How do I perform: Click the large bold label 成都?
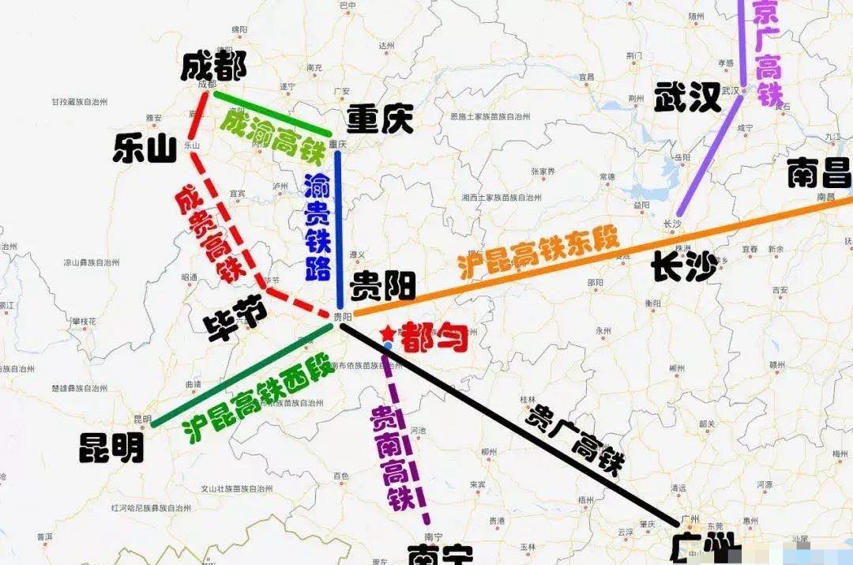click(x=213, y=66)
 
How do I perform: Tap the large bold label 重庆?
click(x=380, y=120)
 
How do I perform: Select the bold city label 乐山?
click(x=145, y=148)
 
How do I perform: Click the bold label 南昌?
click(x=819, y=173)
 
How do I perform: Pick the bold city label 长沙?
click(x=684, y=266)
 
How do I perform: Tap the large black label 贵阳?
click(x=383, y=285)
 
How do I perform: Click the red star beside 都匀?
click(x=388, y=334)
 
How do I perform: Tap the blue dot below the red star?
click(x=388, y=346)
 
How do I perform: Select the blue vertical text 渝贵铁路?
click(x=318, y=228)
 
